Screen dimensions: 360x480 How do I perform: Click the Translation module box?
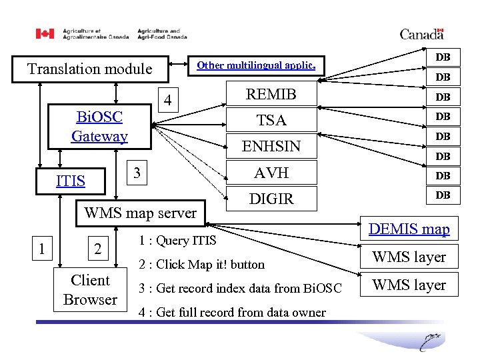pyautogui.click(x=89, y=69)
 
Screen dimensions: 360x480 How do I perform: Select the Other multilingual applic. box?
pyautogui.click(x=256, y=65)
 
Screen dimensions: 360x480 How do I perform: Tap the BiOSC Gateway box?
pyautogui.click(x=100, y=127)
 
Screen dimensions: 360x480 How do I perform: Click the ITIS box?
pyautogui.click(x=70, y=181)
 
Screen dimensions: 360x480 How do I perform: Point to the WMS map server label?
pyautogui.click(x=140, y=213)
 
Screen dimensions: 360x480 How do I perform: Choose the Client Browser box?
pyautogui.click(x=90, y=290)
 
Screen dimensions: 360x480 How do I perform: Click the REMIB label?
pyautogui.click(x=271, y=94)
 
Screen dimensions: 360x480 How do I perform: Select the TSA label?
pyautogui.click(x=271, y=120)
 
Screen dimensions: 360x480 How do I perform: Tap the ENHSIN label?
pyautogui.click(x=271, y=146)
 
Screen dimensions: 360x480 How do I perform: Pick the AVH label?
pyautogui.click(x=271, y=173)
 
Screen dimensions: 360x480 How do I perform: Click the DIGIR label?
pyautogui.click(x=271, y=198)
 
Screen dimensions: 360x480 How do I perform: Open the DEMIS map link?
pyautogui.click(x=409, y=229)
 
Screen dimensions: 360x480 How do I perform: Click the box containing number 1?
pyautogui.click(x=42, y=249)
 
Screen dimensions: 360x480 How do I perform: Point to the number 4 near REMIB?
pyautogui.click(x=169, y=101)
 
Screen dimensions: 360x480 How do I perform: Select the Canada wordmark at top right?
pyautogui.click(x=421, y=34)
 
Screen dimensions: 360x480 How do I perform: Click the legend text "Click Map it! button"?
pyautogui.click(x=202, y=265)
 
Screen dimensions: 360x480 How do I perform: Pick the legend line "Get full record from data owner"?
pyautogui.click(x=231, y=312)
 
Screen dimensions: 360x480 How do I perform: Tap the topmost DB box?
pyautogui.click(x=443, y=58)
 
